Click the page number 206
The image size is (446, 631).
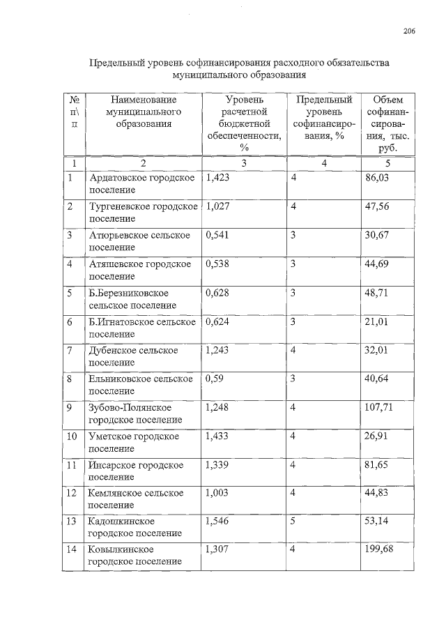[x=409, y=31]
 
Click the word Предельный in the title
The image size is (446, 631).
[x=118, y=63]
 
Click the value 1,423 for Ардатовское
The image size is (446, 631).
[x=217, y=178]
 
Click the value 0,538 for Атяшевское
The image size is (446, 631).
[x=217, y=264]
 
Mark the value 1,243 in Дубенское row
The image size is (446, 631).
[x=217, y=349]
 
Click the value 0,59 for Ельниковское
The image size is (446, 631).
[x=214, y=378]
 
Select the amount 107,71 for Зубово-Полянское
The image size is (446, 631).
[x=379, y=406]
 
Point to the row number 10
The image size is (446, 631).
[x=72, y=436]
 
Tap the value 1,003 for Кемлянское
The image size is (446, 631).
[x=217, y=493]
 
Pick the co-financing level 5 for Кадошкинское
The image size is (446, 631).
[x=293, y=521]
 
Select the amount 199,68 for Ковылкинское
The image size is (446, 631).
[x=379, y=549]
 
